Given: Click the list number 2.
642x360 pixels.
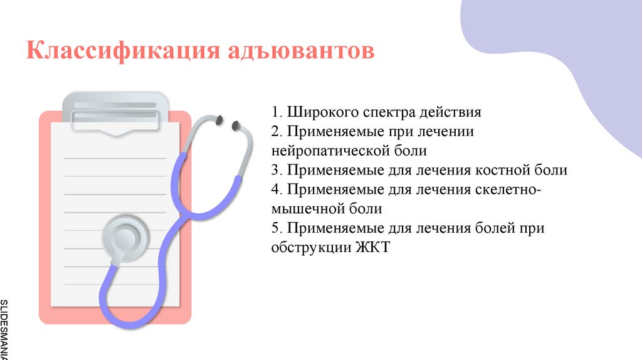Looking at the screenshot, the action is pyautogui.click(x=276, y=132).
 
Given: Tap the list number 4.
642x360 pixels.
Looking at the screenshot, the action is pyautogui.click(x=276, y=189).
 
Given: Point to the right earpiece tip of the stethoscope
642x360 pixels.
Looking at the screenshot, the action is pyautogui.click(x=236, y=125).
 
